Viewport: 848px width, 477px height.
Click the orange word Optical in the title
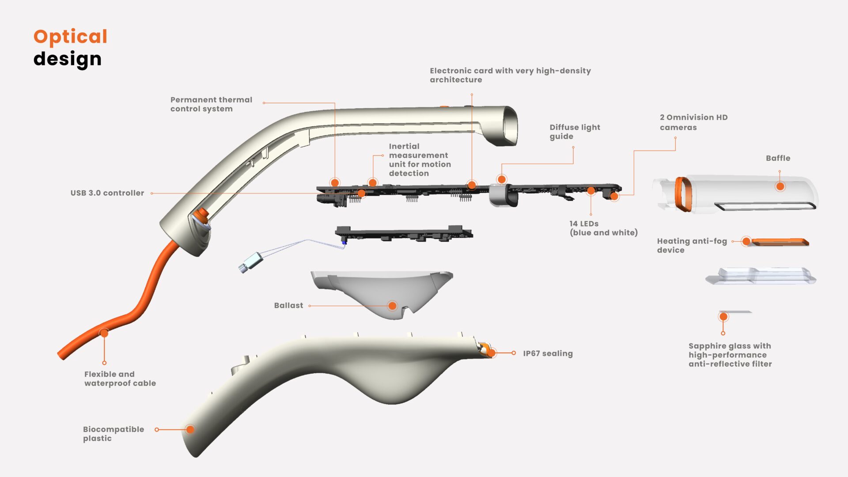click(70, 37)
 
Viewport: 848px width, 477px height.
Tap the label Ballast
click(288, 305)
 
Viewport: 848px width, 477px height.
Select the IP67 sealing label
click(548, 353)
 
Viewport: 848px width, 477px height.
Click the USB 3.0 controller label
click(107, 193)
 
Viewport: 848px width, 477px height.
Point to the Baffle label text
click(778, 158)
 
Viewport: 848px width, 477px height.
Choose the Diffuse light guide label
click(574, 132)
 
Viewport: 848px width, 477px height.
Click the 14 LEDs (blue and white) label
click(603, 228)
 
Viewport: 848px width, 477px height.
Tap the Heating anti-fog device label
click(691, 245)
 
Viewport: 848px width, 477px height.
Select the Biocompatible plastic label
click(113, 433)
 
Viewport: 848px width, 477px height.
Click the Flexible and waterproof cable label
click(120, 379)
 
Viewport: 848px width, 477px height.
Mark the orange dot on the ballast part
click(392, 306)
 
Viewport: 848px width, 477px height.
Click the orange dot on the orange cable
click(104, 333)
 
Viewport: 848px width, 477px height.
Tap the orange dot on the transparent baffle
click(780, 186)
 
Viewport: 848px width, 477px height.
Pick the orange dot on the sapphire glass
click(723, 317)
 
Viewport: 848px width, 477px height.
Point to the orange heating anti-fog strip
click(780, 242)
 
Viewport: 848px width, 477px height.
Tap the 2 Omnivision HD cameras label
click(693, 122)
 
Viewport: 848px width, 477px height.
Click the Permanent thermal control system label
click(211, 104)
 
